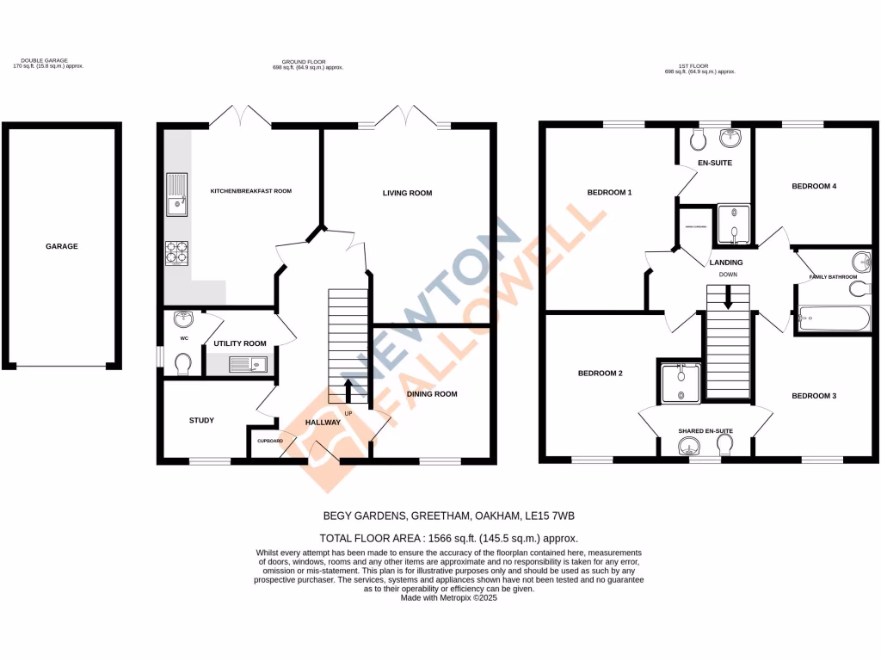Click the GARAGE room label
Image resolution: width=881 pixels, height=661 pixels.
(62, 246)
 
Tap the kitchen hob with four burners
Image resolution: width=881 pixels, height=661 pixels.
(176, 251)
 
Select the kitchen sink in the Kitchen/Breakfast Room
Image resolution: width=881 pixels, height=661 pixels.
(176, 194)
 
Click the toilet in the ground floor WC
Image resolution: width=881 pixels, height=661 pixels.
(182, 366)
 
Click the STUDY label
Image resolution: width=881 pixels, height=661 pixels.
(201, 420)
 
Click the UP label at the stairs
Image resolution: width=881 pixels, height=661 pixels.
(348, 414)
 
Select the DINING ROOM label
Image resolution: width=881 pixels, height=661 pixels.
(432, 394)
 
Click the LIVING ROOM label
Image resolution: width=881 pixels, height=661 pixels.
(407, 193)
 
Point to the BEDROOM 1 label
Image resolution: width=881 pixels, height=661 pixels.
(609, 192)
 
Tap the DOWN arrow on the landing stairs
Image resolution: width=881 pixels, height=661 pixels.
(728, 299)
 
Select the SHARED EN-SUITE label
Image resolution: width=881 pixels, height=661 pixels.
(705, 430)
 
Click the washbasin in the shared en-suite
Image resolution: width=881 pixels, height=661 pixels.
(688, 446)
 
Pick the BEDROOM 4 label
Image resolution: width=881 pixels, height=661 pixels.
(814, 186)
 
